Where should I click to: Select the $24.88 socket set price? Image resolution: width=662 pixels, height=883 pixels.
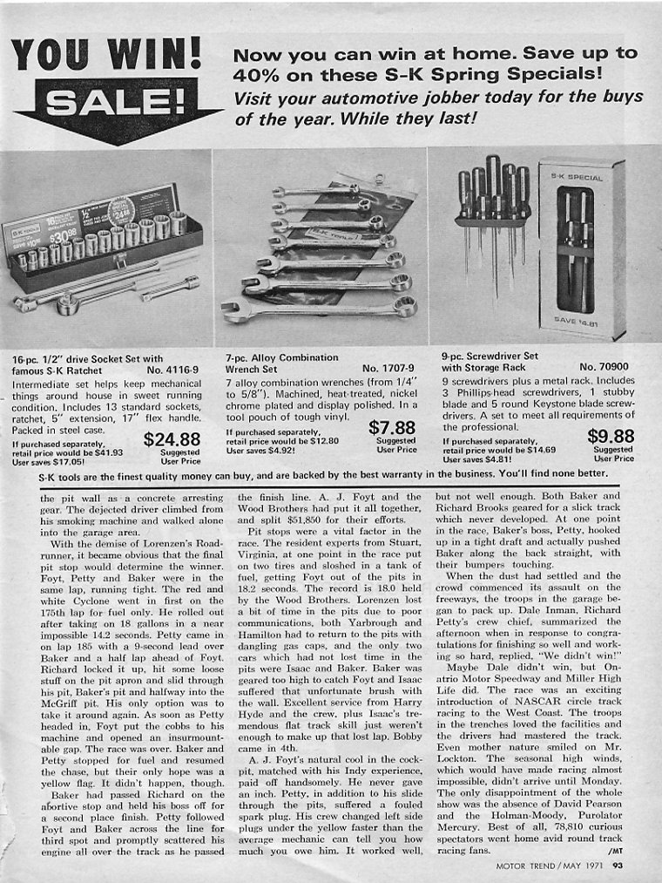[172, 439]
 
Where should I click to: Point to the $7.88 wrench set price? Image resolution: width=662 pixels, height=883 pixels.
[392, 428]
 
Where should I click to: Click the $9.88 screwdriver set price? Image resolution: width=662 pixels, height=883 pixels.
[611, 437]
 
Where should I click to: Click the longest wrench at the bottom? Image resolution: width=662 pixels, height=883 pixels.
[318, 308]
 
